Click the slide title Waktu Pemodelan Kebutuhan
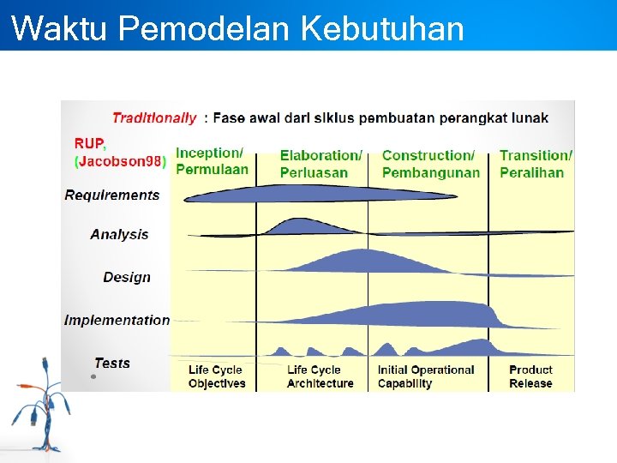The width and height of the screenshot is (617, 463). pos(238,27)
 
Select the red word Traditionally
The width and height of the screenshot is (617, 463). pos(154,118)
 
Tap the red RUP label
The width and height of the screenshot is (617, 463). pos(89,144)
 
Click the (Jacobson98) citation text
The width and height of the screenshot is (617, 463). pos(120,161)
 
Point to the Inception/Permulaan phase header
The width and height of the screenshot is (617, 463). pos(212,161)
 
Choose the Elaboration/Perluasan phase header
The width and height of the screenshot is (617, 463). pos(320,164)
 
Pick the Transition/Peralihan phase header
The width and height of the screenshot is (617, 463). pos(536,164)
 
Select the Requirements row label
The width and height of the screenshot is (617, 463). pos(112,195)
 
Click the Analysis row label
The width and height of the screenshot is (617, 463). pos(119,234)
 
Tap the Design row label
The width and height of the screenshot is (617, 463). pos(127,277)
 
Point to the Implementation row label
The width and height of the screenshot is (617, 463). pos(117,320)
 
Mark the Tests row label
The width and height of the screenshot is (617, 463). pos(112,363)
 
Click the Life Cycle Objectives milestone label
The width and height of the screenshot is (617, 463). pos(217,376)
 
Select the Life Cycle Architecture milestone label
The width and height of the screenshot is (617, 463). pos(320,376)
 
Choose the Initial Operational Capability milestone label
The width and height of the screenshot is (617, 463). pos(426,376)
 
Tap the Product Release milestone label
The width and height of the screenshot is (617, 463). pos(530,376)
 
